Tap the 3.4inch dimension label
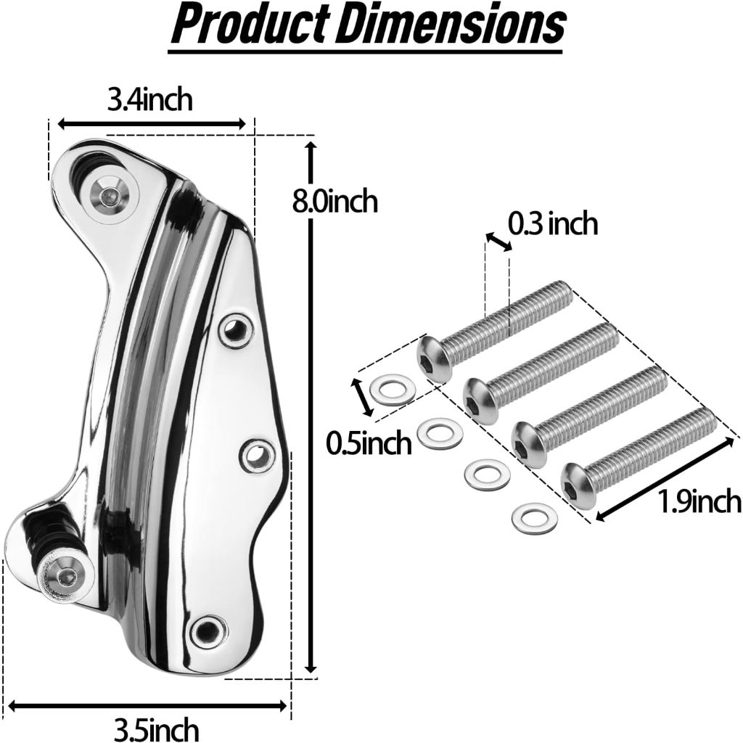coord(149,100)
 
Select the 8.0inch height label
coord(334,201)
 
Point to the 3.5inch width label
coord(156,728)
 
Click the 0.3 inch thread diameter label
coord(552,223)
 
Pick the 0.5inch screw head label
coord(369,443)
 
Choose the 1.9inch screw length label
coord(700,502)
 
